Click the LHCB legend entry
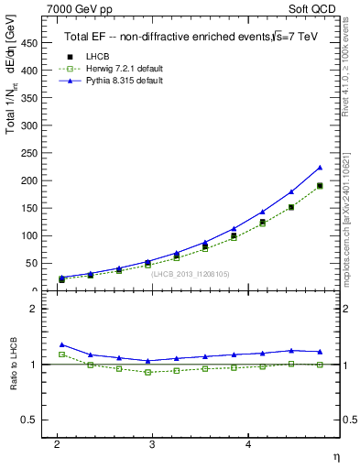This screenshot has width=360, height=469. (93, 57)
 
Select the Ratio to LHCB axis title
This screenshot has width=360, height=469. (11, 365)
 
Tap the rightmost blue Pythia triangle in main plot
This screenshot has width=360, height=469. (320, 168)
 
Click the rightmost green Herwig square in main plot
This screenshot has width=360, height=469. (320, 186)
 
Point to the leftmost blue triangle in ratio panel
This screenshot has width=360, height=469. (61, 344)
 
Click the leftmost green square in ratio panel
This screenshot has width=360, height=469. (61, 354)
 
